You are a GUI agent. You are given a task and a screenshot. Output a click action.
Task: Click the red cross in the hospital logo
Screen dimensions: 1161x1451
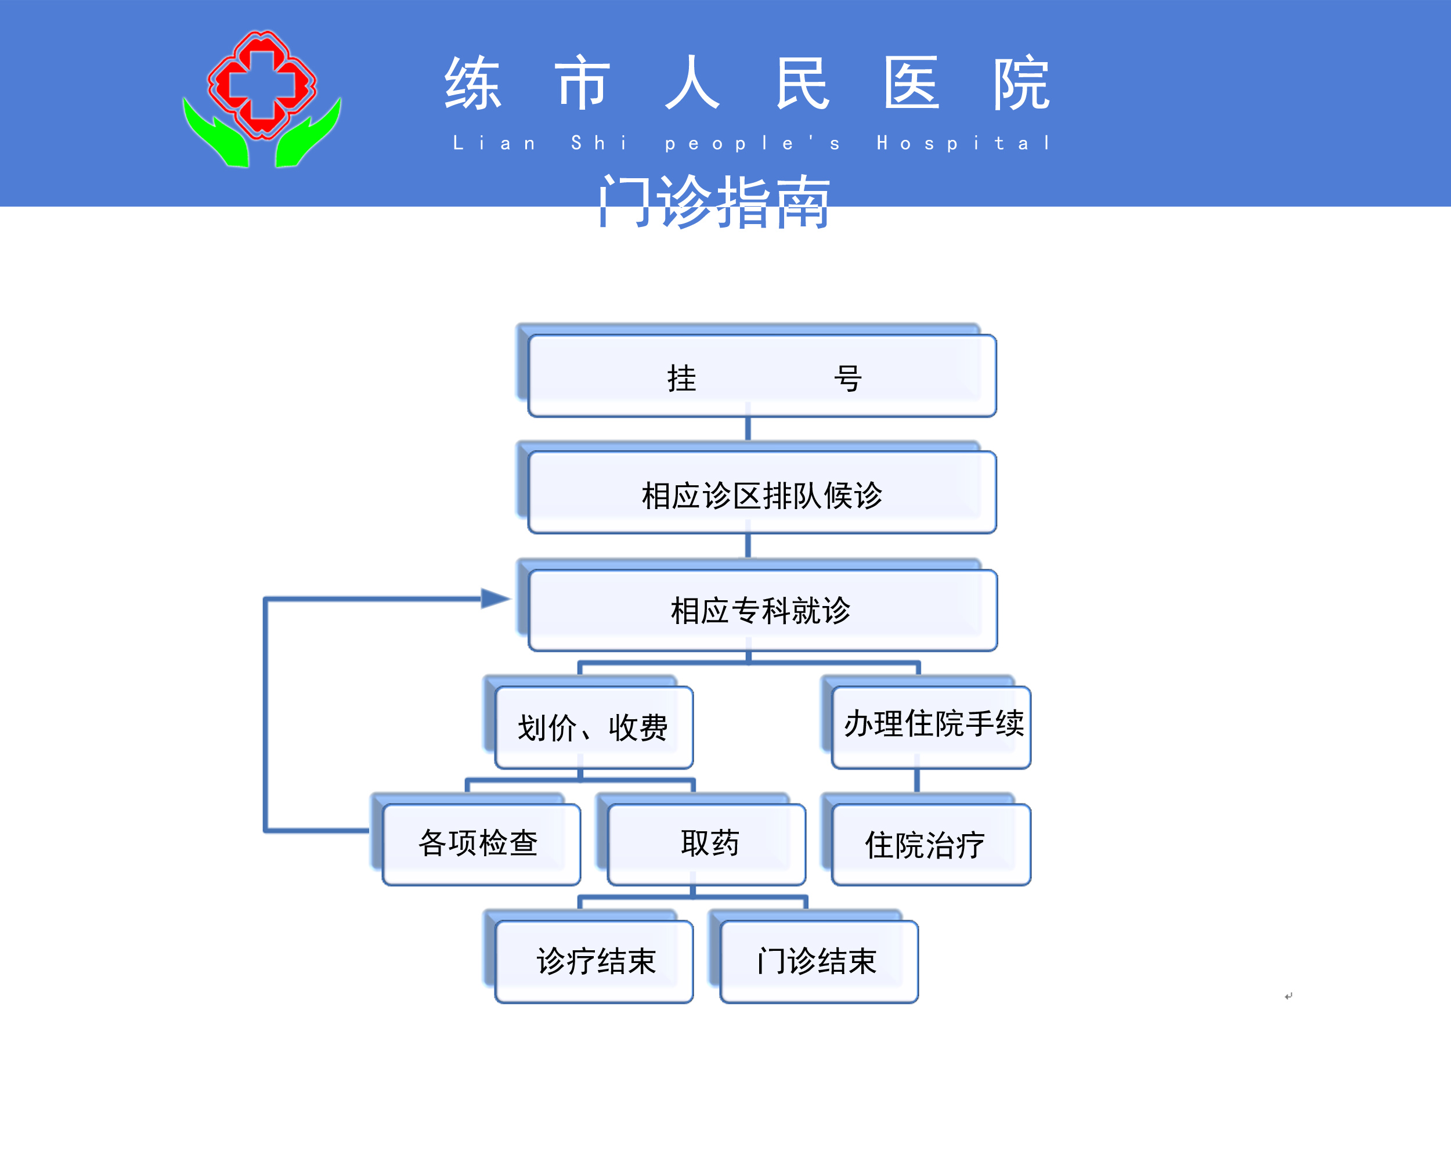pyautogui.click(x=262, y=84)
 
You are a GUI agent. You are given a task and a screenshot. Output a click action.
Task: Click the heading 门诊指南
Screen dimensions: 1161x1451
pyautogui.click(x=714, y=202)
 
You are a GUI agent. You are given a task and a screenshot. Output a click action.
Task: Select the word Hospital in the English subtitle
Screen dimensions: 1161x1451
pyautogui.click(x=963, y=143)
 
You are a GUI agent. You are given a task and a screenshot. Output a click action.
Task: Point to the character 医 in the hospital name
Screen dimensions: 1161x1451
pyautogui.click(x=911, y=84)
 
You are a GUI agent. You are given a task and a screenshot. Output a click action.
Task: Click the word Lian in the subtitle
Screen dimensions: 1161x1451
pyautogui.click(x=495, y=143)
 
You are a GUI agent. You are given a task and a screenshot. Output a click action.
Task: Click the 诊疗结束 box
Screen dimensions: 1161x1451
pyautogui.click(x=594, y=961)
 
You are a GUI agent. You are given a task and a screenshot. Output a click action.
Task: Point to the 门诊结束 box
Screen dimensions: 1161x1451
pyautogui.click(x=818, y=961)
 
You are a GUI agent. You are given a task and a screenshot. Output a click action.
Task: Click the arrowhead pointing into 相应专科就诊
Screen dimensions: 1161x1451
pyautogui.click(x=495, y=598)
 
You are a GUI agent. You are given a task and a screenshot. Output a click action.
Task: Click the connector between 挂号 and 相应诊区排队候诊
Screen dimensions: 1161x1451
pyautogui.click(x=748, y=429)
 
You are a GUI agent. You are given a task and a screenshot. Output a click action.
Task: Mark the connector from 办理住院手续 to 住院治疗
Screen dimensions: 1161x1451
pyautogui.click(x=916, y=781)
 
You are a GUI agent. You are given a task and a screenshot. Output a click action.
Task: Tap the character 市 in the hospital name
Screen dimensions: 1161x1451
pyautogui.click(x=583, y=84)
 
